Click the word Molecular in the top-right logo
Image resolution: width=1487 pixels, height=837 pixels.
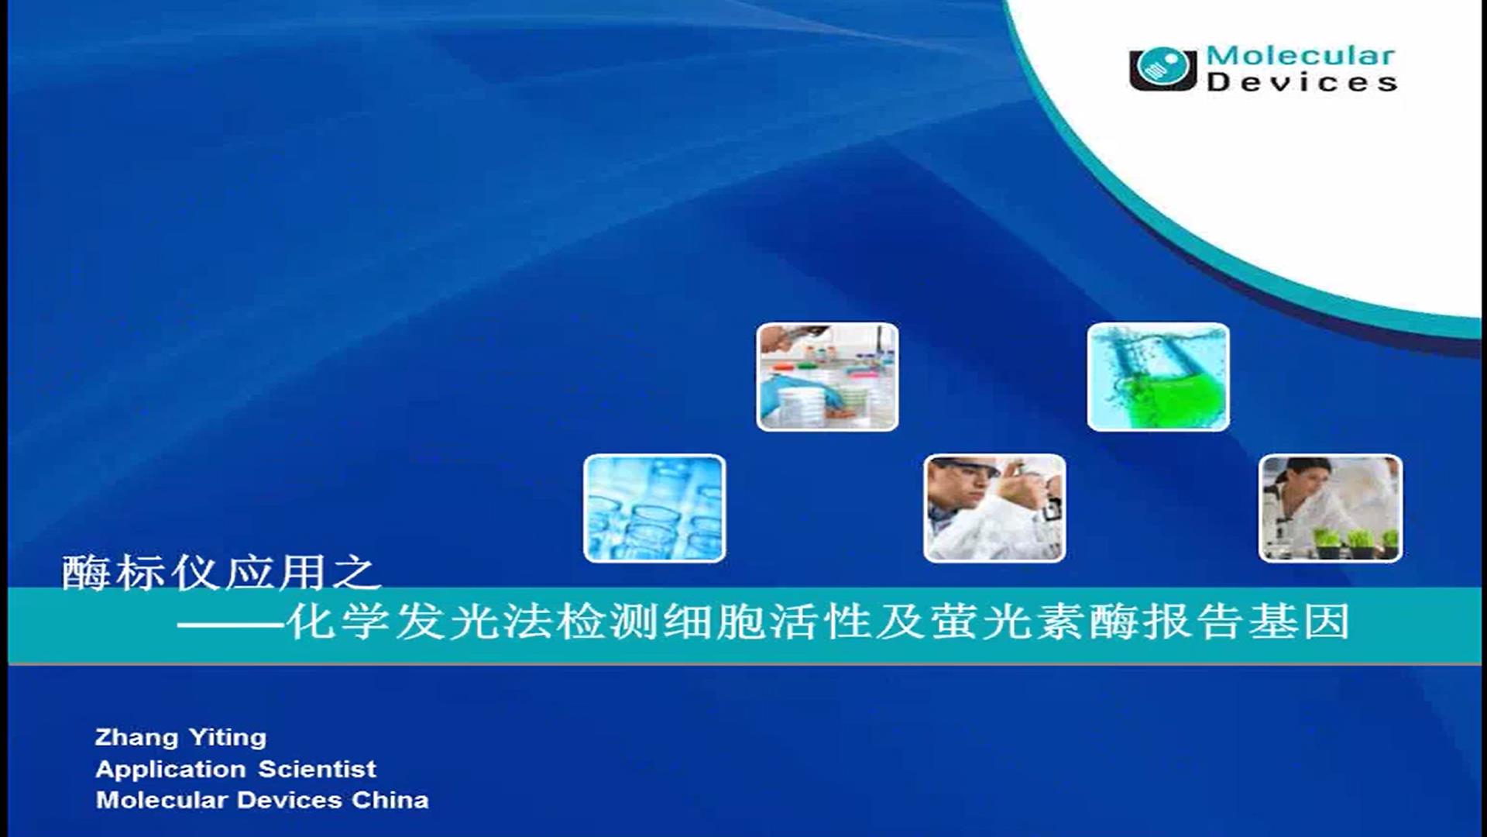tap(1300, 56)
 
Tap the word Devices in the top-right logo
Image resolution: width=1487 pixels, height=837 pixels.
tap(1302, 81)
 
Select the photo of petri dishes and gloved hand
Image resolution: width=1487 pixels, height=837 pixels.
tap(827, 377)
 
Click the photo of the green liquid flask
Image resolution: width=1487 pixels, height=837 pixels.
tap(1158, 377)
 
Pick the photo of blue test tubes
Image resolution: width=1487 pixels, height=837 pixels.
tap(654, 508)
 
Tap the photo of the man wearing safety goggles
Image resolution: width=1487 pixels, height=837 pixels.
tap(994, 508)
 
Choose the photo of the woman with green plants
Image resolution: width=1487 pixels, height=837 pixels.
tap(1331, 508)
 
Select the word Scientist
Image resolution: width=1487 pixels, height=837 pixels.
tap(317, 769)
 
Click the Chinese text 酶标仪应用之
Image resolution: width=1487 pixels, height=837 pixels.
tap(222, 573)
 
